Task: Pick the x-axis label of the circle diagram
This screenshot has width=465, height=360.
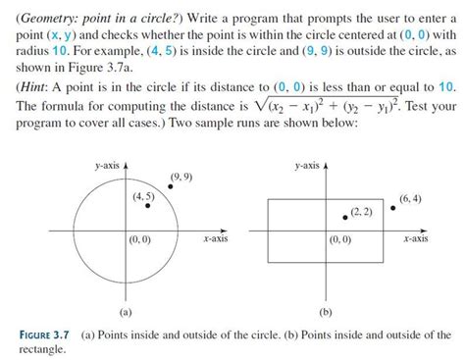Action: (214, 237)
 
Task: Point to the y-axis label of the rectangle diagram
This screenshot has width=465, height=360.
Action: (309, 168)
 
